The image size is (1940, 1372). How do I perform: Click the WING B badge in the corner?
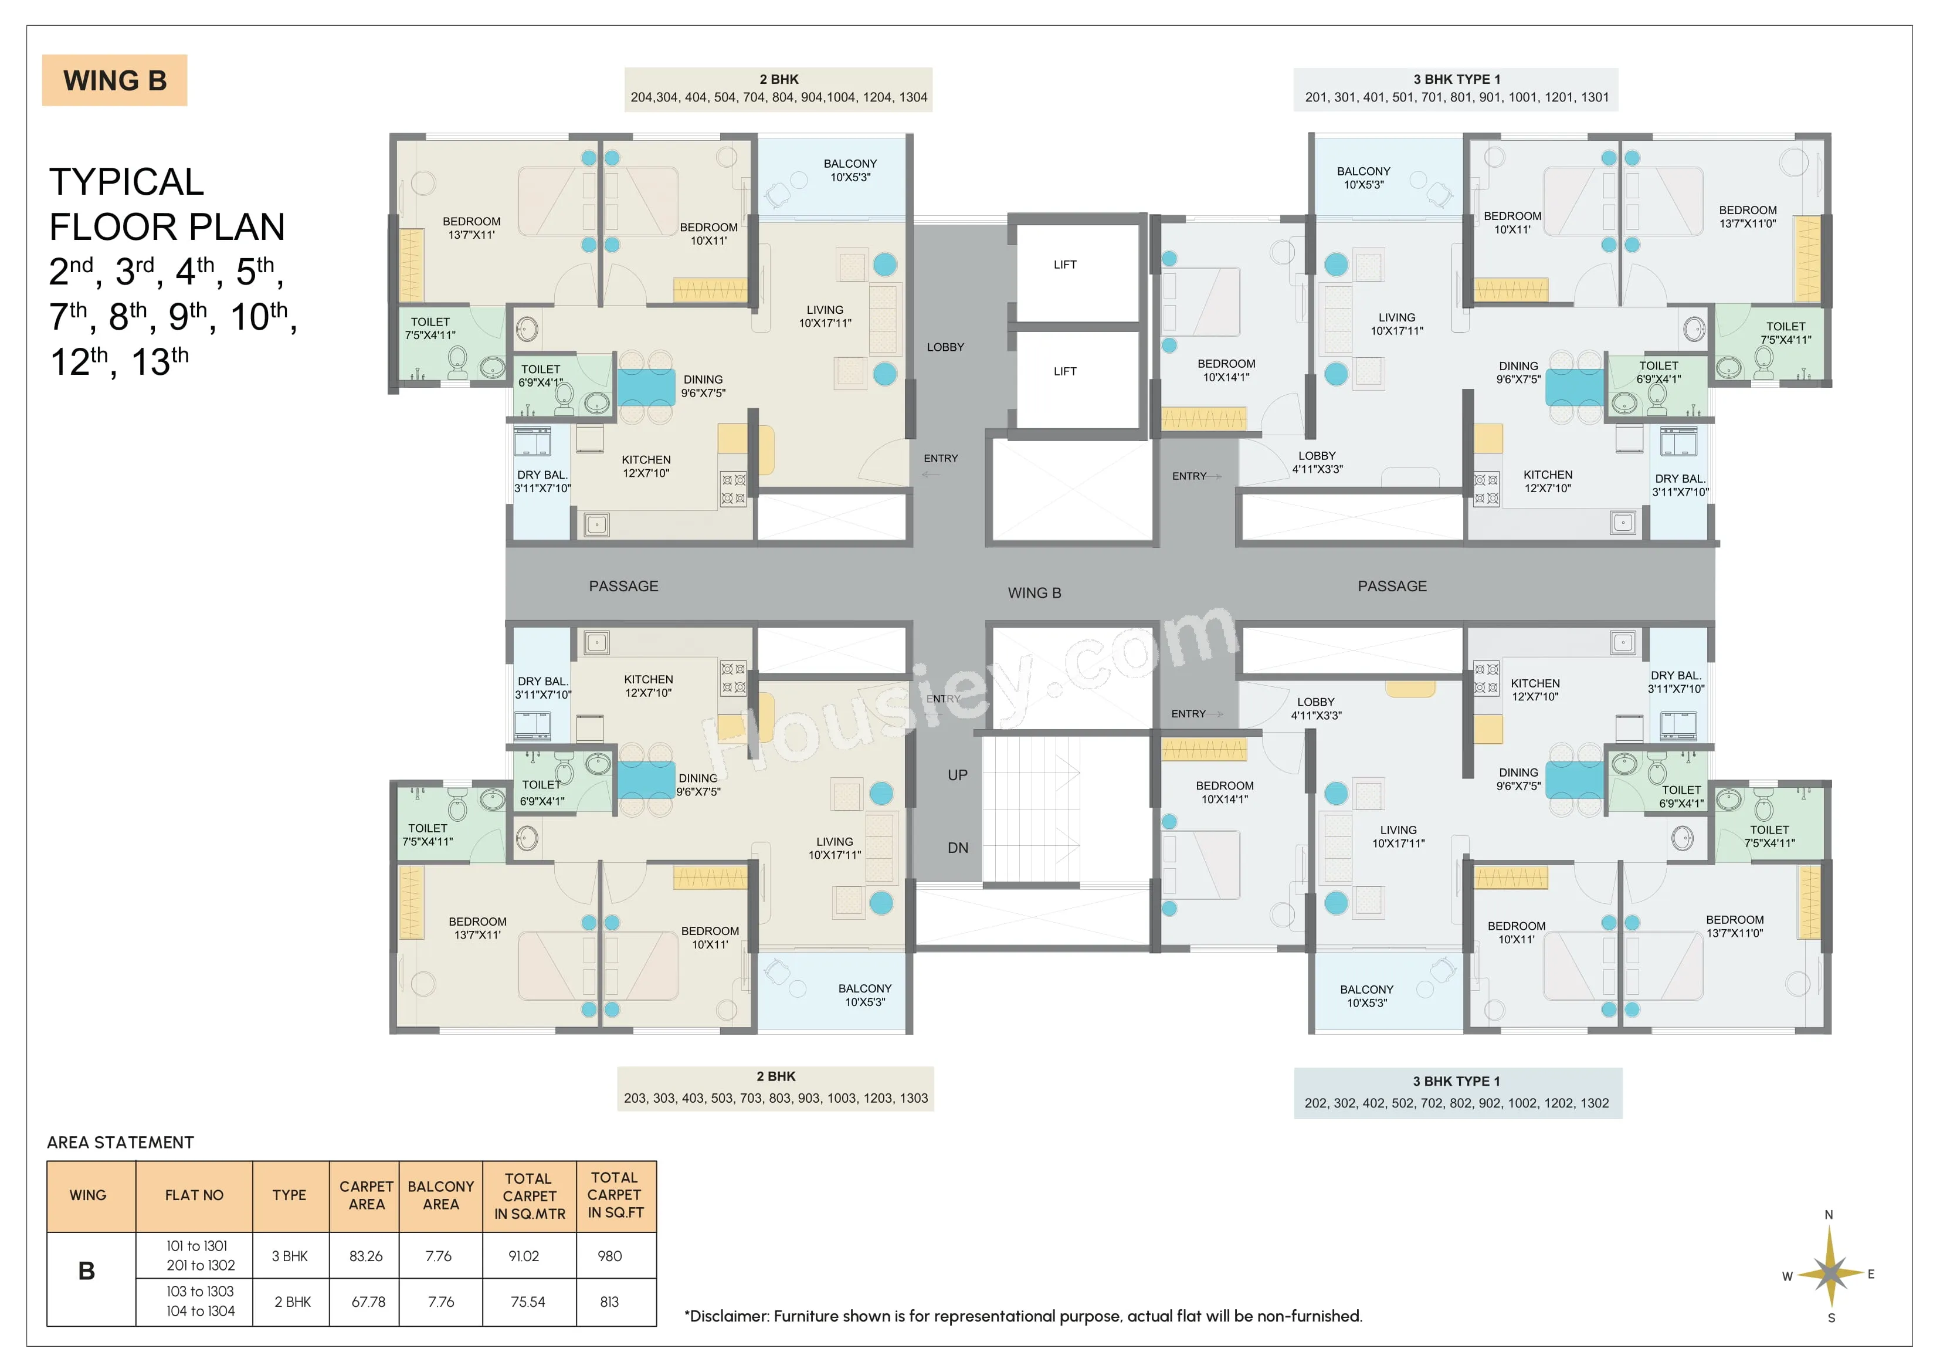click(115, 80)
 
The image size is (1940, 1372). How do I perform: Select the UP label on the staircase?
click(957, 775)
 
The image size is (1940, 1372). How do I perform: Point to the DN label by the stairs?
click(957, 848)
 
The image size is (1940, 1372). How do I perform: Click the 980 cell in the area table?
click(609, 1256)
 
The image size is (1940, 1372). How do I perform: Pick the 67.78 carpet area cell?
click(368, 1302)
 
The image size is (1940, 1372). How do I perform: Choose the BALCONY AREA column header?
click(440, 1195)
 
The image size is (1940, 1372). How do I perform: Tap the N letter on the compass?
click(1829, 1215)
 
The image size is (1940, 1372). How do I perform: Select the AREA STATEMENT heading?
click(121, 1143)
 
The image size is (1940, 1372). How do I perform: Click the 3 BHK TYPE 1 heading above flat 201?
click(1457, 79)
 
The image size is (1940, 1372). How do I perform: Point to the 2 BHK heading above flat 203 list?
click(776, 1076)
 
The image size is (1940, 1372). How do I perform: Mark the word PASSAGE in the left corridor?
click(623, 586)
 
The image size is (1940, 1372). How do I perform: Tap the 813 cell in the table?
click(609, 1302)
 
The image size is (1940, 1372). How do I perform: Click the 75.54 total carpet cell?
click(528, 1302)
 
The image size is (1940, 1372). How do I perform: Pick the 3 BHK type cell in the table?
click(290, 1256)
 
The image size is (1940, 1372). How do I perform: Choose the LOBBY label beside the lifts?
click(945, 347)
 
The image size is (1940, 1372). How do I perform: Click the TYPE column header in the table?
click(289, 1195)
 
